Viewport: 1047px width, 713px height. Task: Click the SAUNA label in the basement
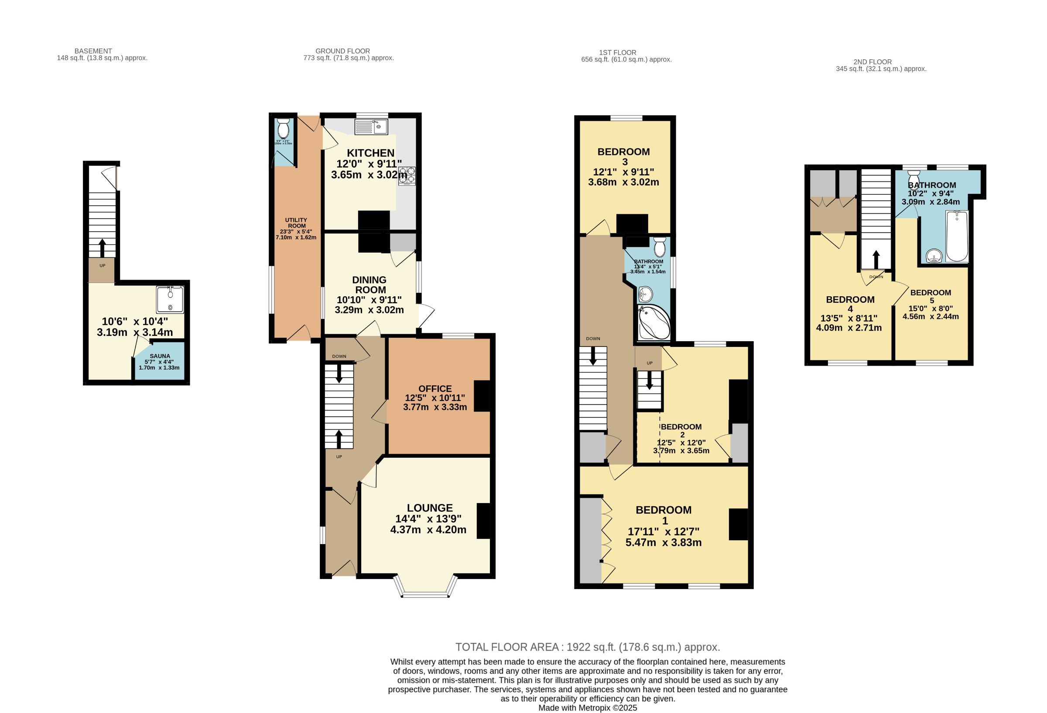(x=160, y=356)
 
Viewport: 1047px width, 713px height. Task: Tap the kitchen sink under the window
(x=371, y=127)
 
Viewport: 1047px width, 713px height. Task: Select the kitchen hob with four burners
(x=407, y=176)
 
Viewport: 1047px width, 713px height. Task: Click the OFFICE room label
(x=435, y=388)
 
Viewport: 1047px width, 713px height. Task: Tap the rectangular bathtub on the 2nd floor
(x=957, y=236)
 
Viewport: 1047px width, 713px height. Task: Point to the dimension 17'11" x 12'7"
(x=664, y=532)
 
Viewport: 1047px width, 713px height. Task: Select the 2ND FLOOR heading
(x=872, y=62)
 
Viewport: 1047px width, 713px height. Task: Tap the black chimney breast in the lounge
(x=483, y=521)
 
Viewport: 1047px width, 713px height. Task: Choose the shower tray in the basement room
(x=170, y=299)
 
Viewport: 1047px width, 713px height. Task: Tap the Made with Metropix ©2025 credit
(x=588, y=708)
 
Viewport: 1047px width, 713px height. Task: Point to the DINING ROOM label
(x=370, y=285)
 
